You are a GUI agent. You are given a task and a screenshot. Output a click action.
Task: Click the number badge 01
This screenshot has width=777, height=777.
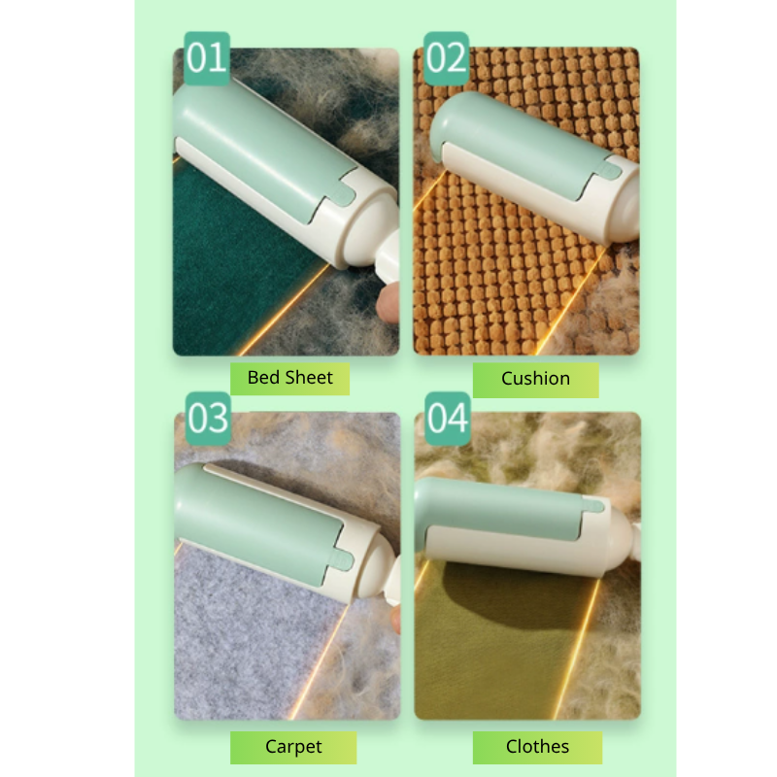(x=207, y=58)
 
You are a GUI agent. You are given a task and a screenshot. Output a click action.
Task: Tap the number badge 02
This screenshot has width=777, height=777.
(x=446, y=58)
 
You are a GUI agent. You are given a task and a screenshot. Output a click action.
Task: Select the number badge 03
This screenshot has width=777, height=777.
(x=208, y=419)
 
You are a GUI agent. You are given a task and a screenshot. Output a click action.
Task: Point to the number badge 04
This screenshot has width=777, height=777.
(x=448, y=419)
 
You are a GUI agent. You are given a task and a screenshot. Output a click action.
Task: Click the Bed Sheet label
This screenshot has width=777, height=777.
(x=289, y=379)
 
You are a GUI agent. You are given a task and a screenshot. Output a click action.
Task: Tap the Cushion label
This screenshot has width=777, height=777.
(x=536, y=380)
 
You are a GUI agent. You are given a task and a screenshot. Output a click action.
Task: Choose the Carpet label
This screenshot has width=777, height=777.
(x=293, y=747)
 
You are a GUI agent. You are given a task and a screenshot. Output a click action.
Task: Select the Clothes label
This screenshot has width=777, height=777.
(x=538, y=747)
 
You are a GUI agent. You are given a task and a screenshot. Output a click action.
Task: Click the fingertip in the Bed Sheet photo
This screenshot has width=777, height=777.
(x=388, y=303)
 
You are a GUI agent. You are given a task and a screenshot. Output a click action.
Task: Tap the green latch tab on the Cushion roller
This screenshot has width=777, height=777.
(x=609, y=170)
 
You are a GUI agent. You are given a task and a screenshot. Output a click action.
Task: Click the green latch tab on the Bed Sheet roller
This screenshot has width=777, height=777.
(x=343, y=195)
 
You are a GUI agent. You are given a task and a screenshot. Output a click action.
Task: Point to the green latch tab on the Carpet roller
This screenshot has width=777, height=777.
(x=342, y=560)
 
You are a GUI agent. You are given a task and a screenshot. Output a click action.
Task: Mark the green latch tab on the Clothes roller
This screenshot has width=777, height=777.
(x=593, y=505)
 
